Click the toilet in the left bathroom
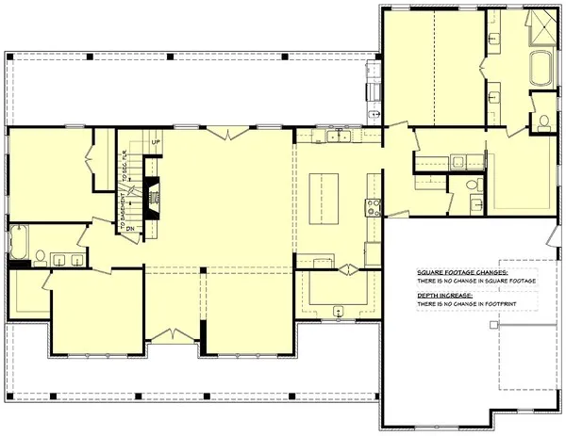coord(41,256)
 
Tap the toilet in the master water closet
coord(543,120)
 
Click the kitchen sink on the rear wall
coord(338,137)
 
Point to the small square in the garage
coord(493,323)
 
